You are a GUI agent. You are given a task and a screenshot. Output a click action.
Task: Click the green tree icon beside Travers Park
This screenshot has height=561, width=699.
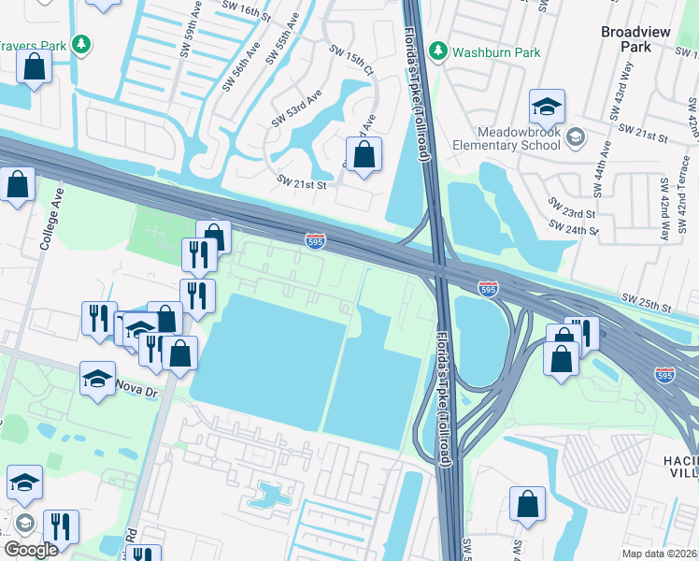click(x=82, y=44)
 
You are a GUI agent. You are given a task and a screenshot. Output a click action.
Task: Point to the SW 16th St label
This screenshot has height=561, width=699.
click(x=246, y=10)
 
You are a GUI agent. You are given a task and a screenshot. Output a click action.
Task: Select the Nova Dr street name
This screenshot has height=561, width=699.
click(x=136, y=388)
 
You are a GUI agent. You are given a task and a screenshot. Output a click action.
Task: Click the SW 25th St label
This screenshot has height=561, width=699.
click(x=649, y=305)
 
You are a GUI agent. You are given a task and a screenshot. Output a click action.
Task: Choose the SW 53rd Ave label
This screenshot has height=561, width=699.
click(x=296, y=108)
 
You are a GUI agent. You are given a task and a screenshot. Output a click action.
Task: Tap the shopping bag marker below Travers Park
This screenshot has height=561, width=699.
click(x=35, y=67)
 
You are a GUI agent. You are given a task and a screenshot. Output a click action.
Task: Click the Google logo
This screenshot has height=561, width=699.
click(x=32, y=549)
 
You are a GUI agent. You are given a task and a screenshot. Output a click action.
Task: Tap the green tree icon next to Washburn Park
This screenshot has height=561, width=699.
click(x=439, y=51)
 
